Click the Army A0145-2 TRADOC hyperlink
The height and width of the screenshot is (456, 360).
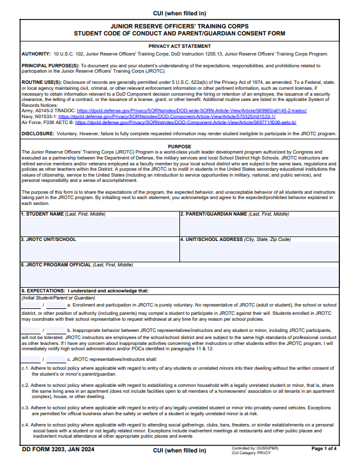coord(192,110)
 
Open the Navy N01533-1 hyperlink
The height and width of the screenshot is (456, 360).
coord(175,116)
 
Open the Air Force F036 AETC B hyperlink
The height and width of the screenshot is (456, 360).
coord(185,122)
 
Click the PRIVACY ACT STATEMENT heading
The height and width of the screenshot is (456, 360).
coord(179,45)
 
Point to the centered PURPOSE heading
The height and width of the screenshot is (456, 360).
coord(179,146)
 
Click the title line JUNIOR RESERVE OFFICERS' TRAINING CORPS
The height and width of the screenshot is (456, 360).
coord(179,27)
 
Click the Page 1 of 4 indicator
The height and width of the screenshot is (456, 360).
coord(324,449)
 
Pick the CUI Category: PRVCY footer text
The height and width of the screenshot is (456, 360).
coord(252,452)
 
